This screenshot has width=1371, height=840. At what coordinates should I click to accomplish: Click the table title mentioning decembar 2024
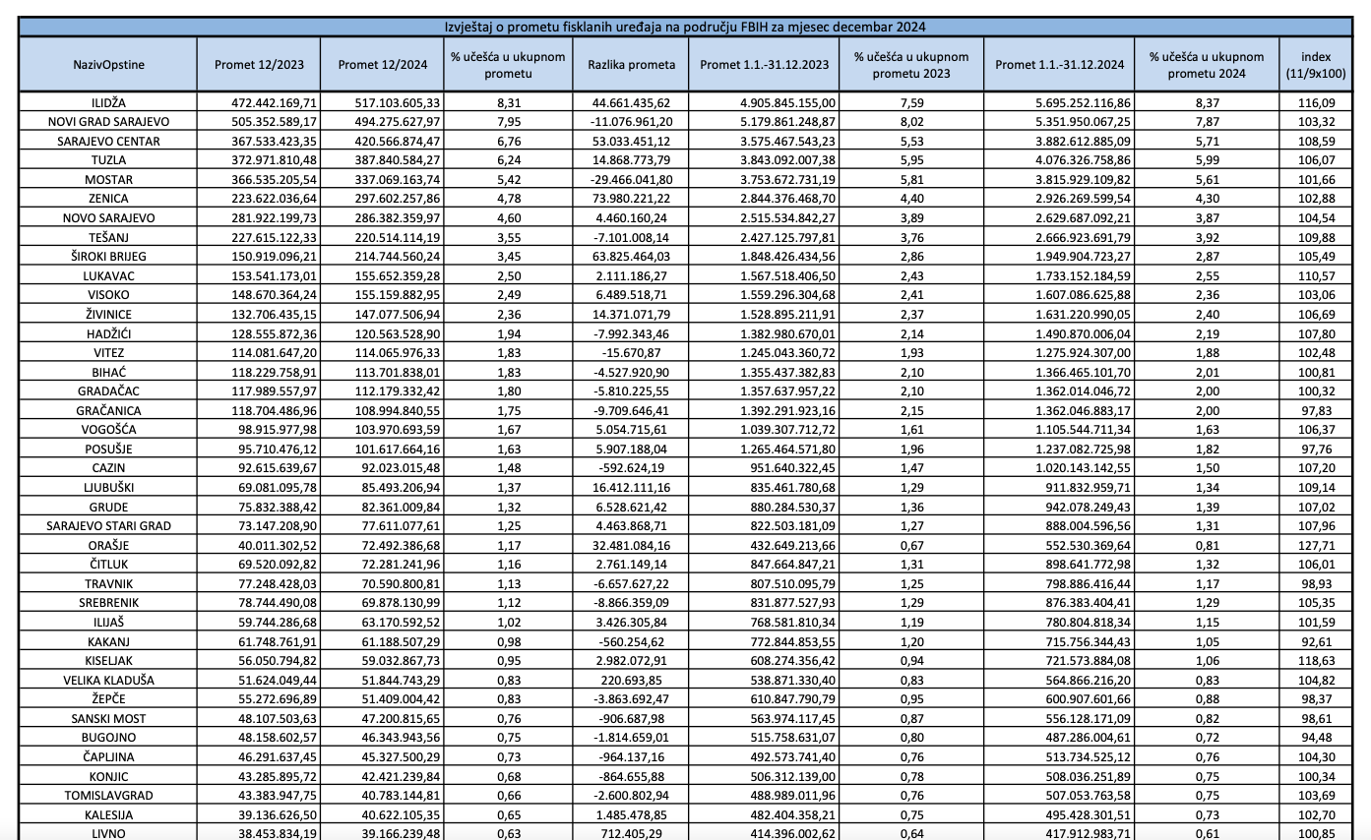click(x=686, y=28)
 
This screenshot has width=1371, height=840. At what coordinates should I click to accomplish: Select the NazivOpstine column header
click(x=108, y=65)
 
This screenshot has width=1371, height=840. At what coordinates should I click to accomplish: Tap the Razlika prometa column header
click(x=631, y=65)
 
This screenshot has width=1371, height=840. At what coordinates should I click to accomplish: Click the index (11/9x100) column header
click(x=1316, y=65)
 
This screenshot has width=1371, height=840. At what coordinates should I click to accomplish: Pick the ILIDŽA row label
click(x=108, y=102)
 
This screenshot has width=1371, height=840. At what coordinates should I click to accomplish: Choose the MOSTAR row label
click(x=108, y=179)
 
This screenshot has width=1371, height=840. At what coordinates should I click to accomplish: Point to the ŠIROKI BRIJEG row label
click(x=108, y=256)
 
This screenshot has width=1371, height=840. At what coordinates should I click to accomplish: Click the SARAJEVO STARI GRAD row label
click(x=108, y=526)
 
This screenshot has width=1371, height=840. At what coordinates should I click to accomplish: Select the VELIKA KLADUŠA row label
click(x=108, y=680)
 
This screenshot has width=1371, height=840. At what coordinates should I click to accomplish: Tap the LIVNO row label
click(x=108, y=834)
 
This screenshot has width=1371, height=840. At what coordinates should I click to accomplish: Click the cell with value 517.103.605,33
click(x=383, y=102)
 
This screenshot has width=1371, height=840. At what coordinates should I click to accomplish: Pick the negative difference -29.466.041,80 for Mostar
click(x=631, y=179)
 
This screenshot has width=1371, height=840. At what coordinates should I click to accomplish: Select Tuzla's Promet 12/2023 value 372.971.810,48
click(x=259, y=160)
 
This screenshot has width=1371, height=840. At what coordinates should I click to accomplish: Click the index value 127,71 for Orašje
click(x=1316, y=545)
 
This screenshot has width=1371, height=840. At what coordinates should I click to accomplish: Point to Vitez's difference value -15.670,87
click(x=631, y=352)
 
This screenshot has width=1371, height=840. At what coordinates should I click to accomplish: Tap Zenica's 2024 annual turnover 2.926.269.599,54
click(x=1059, y=199)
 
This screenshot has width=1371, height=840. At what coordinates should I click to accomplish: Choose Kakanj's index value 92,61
click(x=1316, y=641)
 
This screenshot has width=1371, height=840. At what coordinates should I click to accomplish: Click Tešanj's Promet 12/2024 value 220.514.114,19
click(x=383, y=237)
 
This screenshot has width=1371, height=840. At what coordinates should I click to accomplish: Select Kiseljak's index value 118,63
click(x=1316, y=661)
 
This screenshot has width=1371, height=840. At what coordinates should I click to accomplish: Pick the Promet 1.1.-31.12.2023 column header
click(x=764, y=65)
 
